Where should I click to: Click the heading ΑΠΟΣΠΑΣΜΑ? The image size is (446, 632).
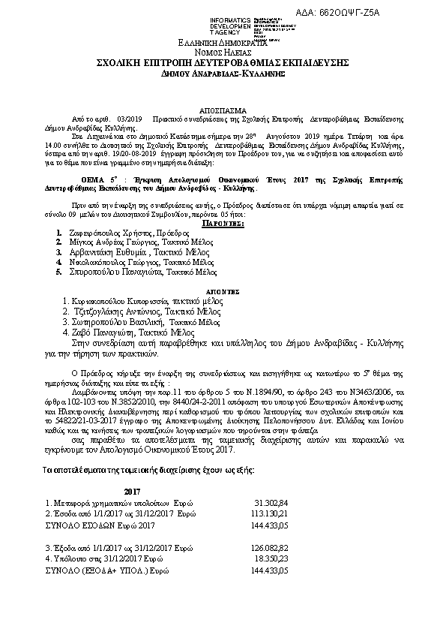click(223, 108)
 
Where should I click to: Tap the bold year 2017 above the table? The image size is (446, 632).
click(133, 490)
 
